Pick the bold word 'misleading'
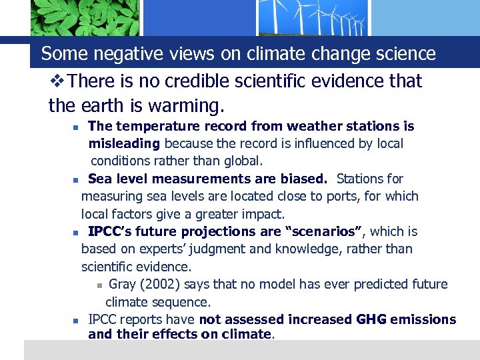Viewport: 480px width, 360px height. [x=124, y=143]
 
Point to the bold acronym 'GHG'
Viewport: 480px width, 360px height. [x=371, y=319]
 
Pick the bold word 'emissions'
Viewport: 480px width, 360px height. [x=423, y=319]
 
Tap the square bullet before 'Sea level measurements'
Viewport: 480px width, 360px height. [x=76, y=179]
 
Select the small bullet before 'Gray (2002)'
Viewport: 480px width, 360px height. [x=99, y=285]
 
